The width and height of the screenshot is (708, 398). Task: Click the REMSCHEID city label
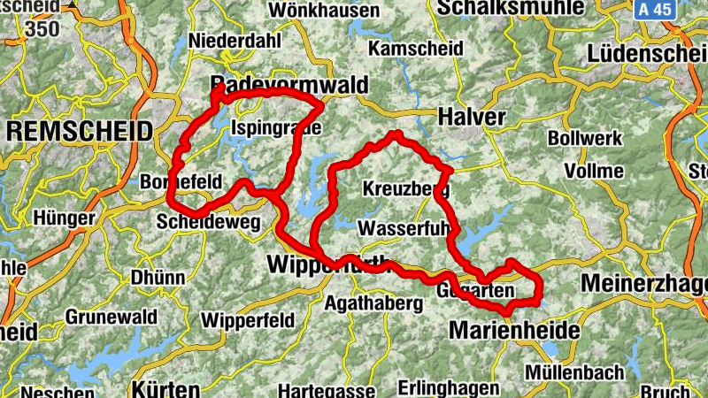point(79,132)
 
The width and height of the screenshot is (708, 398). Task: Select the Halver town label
point(472,117)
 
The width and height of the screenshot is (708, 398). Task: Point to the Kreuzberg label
point(406,189)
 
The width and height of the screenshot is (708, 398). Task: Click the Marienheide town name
point(514,330)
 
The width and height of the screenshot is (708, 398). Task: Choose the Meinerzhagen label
point(645,284)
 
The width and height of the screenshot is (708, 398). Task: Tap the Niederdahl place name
point(235,41)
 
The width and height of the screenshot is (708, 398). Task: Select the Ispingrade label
point(275,128)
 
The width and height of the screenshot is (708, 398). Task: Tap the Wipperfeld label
point(245,319)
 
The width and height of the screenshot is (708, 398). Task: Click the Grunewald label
point(112,317)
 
